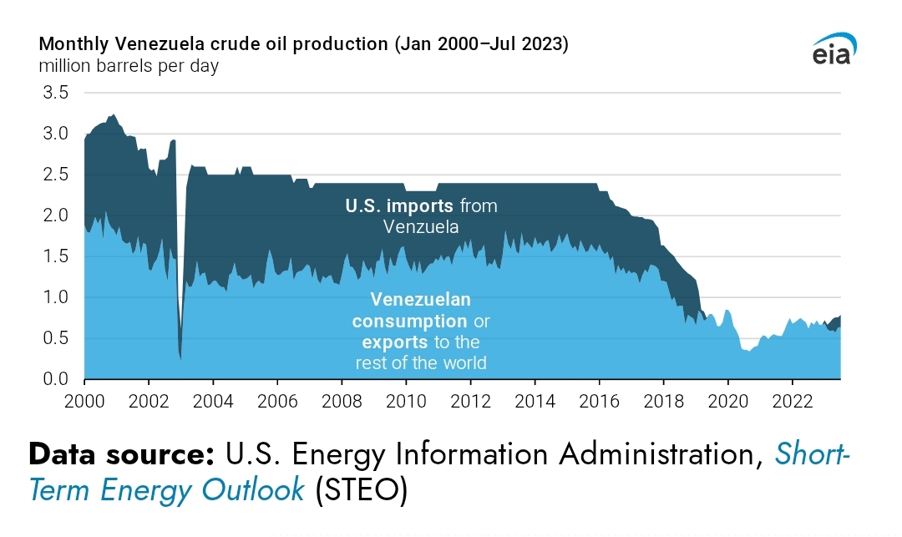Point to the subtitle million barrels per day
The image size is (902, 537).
click(129, 66)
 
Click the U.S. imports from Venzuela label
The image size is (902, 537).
click(421, 215)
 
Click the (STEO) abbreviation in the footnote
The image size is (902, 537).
click(361, 491)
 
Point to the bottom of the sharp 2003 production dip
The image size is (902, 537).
click(180, 357)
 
